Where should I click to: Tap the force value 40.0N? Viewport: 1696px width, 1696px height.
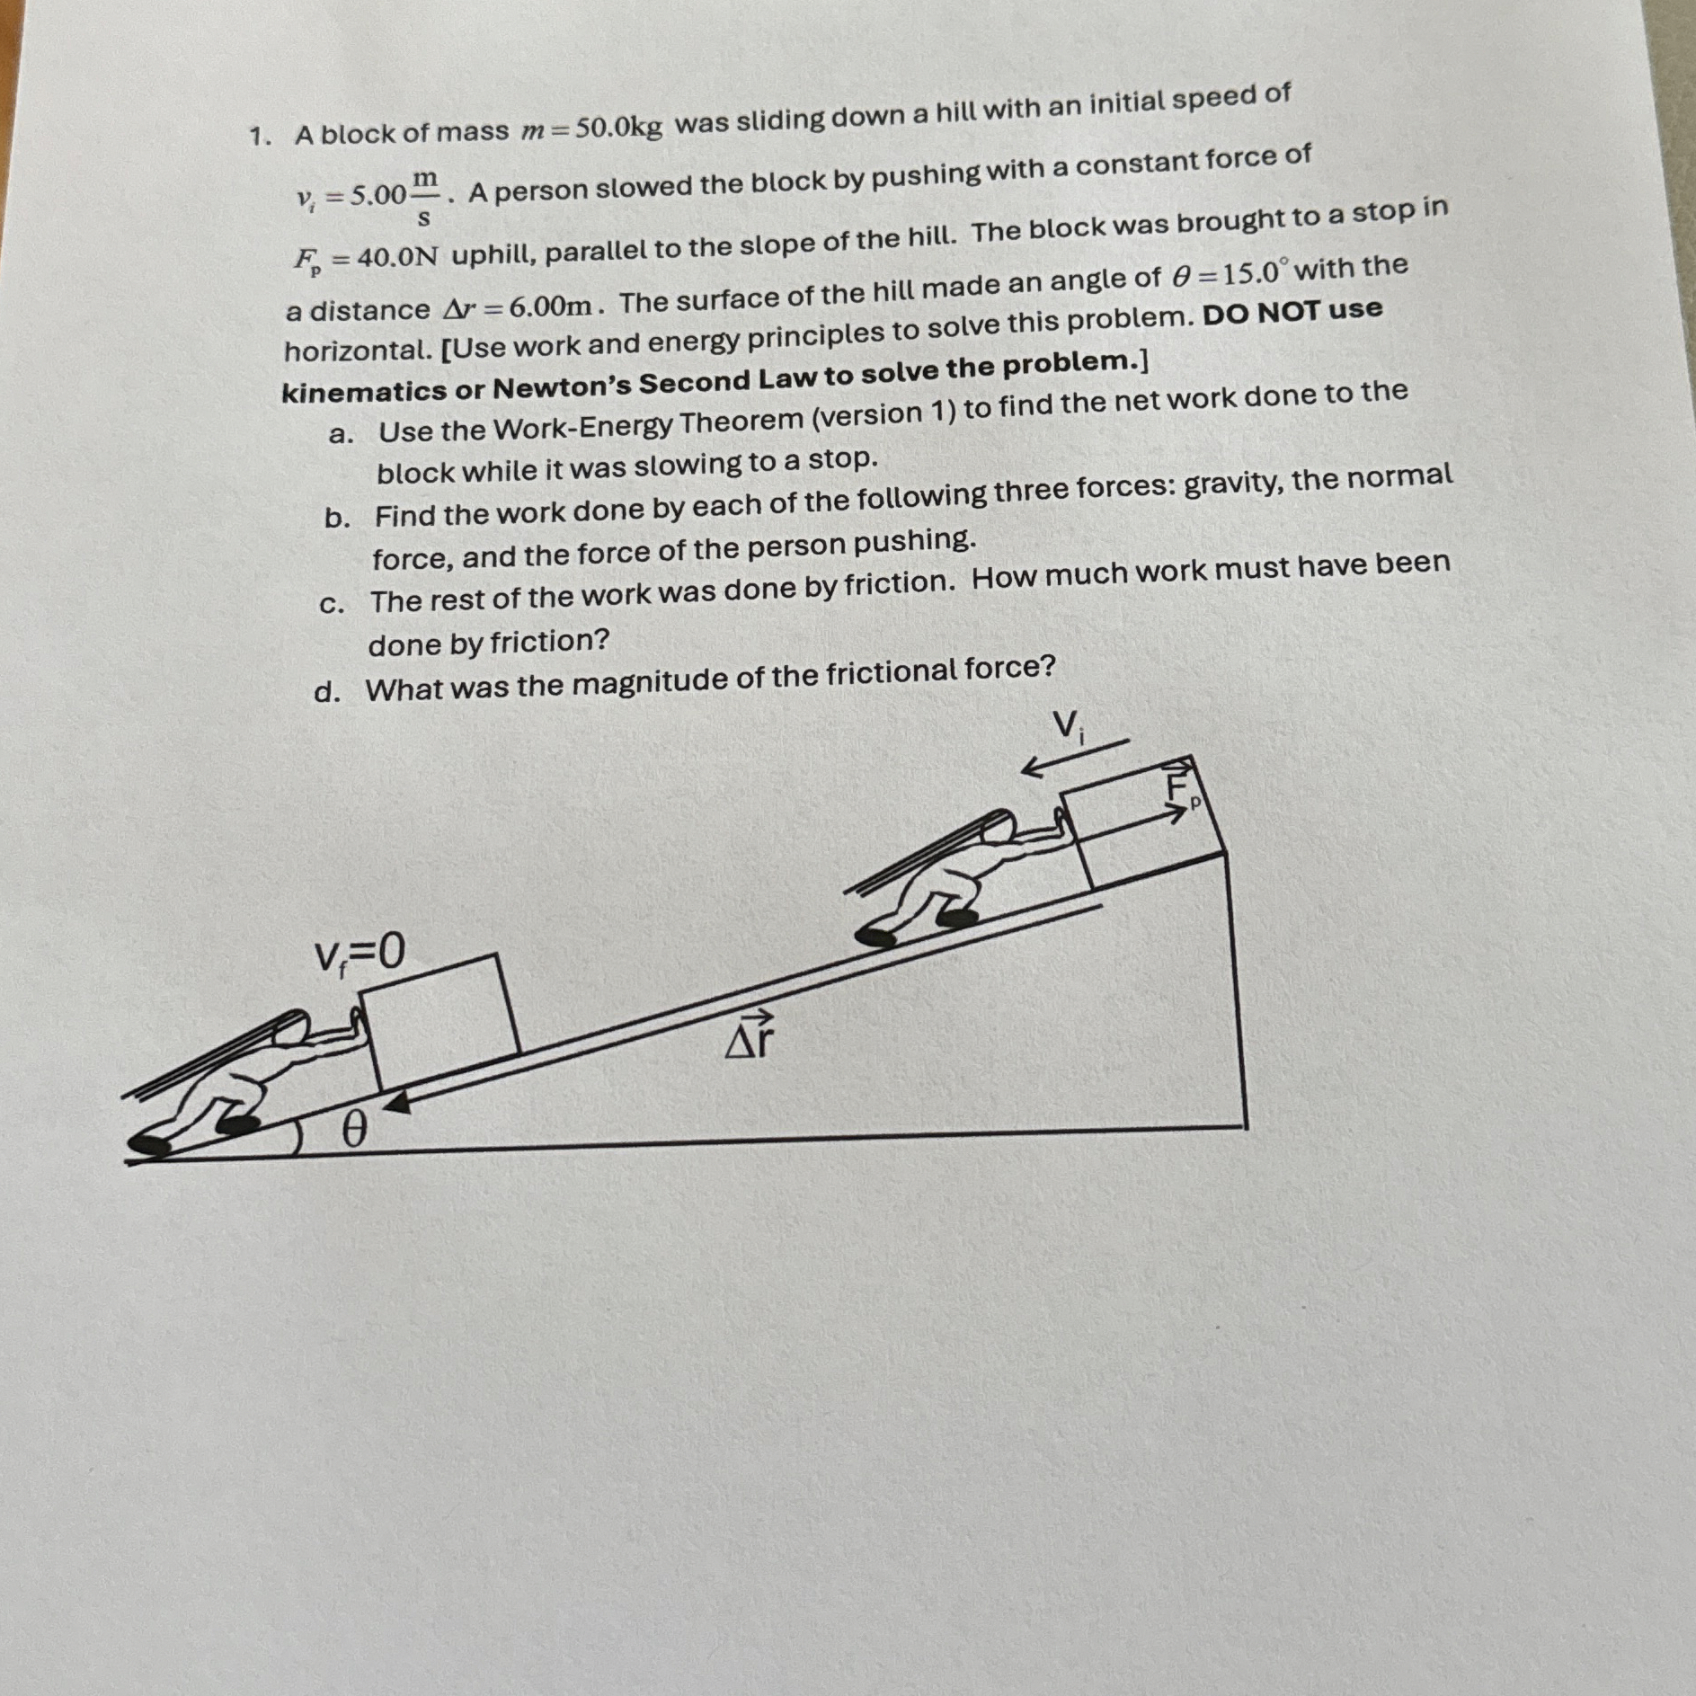tap(398, 258)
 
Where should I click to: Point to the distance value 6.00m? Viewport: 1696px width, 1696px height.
tap(551, 306)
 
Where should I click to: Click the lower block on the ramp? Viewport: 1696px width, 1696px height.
tap(440, 1020)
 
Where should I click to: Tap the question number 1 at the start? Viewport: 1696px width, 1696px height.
tap(260, 136)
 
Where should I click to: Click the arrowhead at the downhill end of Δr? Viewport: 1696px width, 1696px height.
tap(395, 1104)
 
